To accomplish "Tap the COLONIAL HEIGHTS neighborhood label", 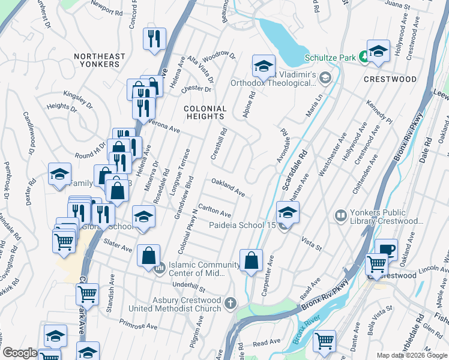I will (x=206, y=113).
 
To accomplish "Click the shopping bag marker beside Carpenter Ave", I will (x=252, y=260).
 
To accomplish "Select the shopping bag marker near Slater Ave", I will (x=148, y=256).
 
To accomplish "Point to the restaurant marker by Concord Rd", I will (x=154, y=38).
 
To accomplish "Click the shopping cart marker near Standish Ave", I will (x=87, y=295).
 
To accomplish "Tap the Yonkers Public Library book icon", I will (x=341, y=214).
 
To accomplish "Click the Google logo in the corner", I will (x=20, y=353).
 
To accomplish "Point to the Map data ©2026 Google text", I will (x=411, y=355).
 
